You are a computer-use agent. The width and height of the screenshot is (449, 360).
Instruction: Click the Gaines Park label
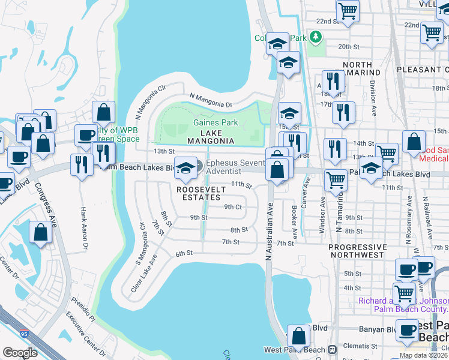point(215,123)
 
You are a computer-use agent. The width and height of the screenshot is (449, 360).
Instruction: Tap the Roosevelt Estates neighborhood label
point(201,193)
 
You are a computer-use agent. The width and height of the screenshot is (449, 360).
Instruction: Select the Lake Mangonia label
point(210,137)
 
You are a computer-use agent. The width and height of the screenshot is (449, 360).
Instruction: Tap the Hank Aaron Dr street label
point(85,229)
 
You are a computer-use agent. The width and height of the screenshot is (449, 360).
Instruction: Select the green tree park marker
point(316,37)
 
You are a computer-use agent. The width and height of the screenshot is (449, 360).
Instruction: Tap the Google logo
point(20,353)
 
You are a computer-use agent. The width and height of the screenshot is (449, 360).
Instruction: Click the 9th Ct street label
point(233,207)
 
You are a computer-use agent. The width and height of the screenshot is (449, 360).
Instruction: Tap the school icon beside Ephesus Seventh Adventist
point(186,170)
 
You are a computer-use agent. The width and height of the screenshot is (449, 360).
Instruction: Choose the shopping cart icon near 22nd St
point(348,11)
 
